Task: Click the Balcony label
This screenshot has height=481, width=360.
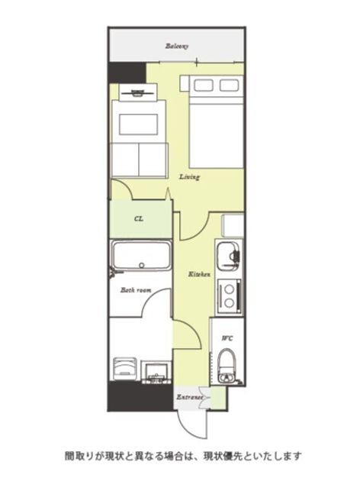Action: click(x=177, y=47)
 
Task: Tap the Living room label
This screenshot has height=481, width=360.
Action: click(x=189, y=177)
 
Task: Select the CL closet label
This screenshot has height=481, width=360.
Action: click(x=139, y=218)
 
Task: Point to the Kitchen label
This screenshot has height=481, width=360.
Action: click(x=199, y=274)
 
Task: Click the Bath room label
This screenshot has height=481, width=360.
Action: click(x=136, y=290)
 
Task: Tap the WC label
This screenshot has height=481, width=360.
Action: click(x=227, y=338)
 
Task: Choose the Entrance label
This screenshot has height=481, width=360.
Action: click(x=190, y=397)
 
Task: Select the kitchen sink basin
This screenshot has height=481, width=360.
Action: click(x=227, y=254)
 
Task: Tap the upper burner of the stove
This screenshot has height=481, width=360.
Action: click(x=229, y=289)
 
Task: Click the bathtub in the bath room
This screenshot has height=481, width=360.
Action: click(x=141, y=255)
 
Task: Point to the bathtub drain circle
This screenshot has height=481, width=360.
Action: click(x=142, y=266)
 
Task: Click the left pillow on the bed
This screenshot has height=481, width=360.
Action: click(x=204, y=85)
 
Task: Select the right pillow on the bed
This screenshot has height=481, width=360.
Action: click(x=229, y=85)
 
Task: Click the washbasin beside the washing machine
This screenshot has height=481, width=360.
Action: click(x=156, y=372)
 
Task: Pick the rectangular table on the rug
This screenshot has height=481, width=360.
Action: click(x=138, y=124)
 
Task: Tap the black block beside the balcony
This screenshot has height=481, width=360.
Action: click(x=127, y=73)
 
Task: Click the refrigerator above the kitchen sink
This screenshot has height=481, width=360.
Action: click(x=232, y=225)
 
